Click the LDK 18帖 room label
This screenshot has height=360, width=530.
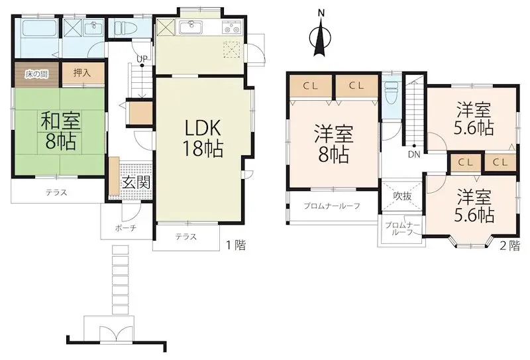(203, 137)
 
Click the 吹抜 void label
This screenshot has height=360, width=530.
(402, 196)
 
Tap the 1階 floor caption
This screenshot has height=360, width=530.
(236, 246)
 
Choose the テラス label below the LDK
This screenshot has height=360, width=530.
(185, 237)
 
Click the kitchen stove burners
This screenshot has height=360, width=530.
(231, 28)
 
